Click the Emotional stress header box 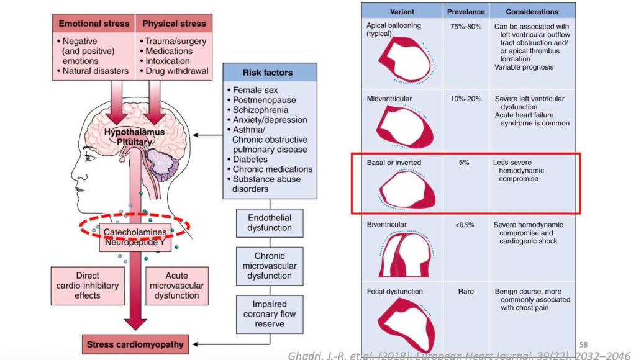(93, 24)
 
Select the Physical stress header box (174, 24)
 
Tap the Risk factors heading (270, 71)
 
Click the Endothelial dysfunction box (270, 223)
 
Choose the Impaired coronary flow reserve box (270, 313)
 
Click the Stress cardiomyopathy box (136, 343)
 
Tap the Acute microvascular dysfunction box (177, 286)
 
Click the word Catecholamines (135, 232)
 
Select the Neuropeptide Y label (135, 243)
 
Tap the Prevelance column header (466, 11)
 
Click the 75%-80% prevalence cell (466, 27)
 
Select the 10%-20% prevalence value (466, 99)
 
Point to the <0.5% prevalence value (465, 225)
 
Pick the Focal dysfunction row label (394, 291)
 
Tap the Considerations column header (532, 11)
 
